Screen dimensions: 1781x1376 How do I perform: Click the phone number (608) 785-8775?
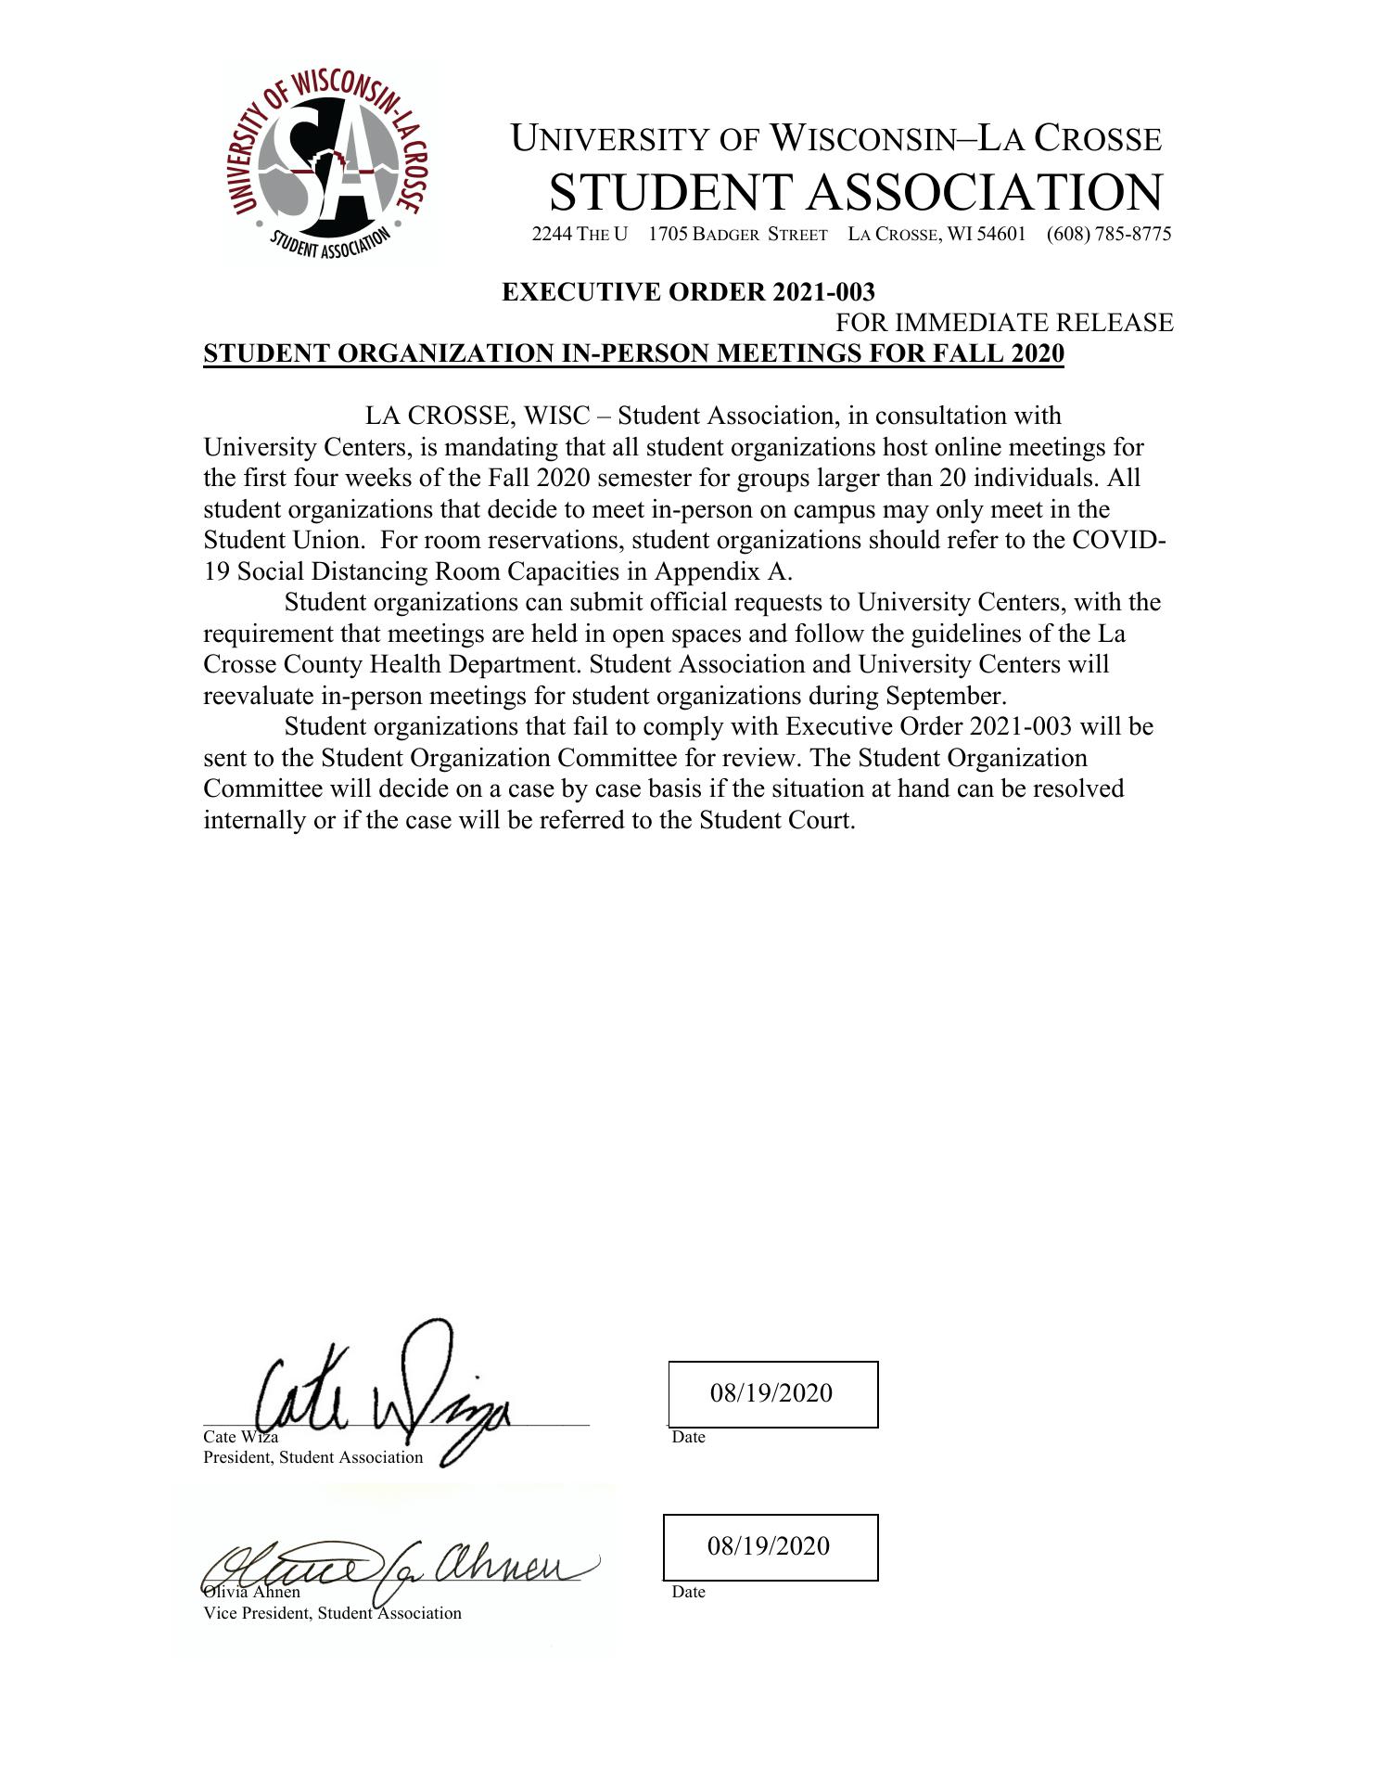coord(1109,234)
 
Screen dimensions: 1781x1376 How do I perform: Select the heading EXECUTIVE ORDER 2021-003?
coord(688,292)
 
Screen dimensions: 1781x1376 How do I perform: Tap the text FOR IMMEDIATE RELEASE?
coord(1004,323)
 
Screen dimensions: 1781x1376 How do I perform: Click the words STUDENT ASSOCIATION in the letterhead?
coord(855,192)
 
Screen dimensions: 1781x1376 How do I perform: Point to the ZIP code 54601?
coord(1001,234)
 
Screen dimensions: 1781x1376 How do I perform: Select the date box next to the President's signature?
coord(772,1393)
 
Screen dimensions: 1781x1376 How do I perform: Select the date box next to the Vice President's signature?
coord(770,1546)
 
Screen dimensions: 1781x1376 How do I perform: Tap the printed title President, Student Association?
coord(312,1457)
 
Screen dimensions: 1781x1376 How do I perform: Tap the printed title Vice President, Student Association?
coord(332,1613)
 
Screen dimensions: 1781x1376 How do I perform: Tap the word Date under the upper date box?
coord(688,1437)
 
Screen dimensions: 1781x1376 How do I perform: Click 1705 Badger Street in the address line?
coord(737,234)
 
